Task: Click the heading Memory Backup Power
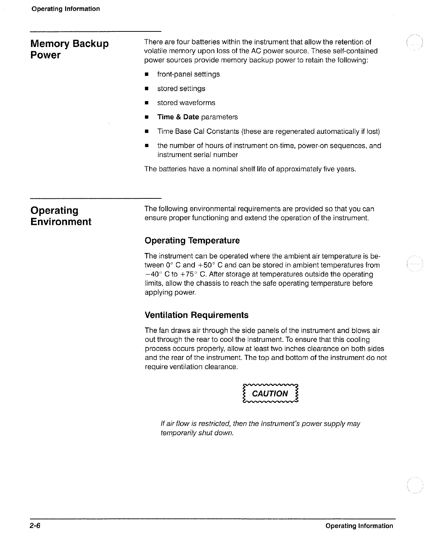coord(69,49)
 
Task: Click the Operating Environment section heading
coord(61,216)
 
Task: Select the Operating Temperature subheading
coord(192,240)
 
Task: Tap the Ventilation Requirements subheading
coord(196,315)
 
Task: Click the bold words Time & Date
coord(178,117)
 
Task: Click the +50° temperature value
coord(206,265)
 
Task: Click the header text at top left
coord(65,9)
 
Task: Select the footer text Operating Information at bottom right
coord(359,526)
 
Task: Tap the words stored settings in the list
coord(181,89)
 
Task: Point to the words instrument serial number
coord(197,155)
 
